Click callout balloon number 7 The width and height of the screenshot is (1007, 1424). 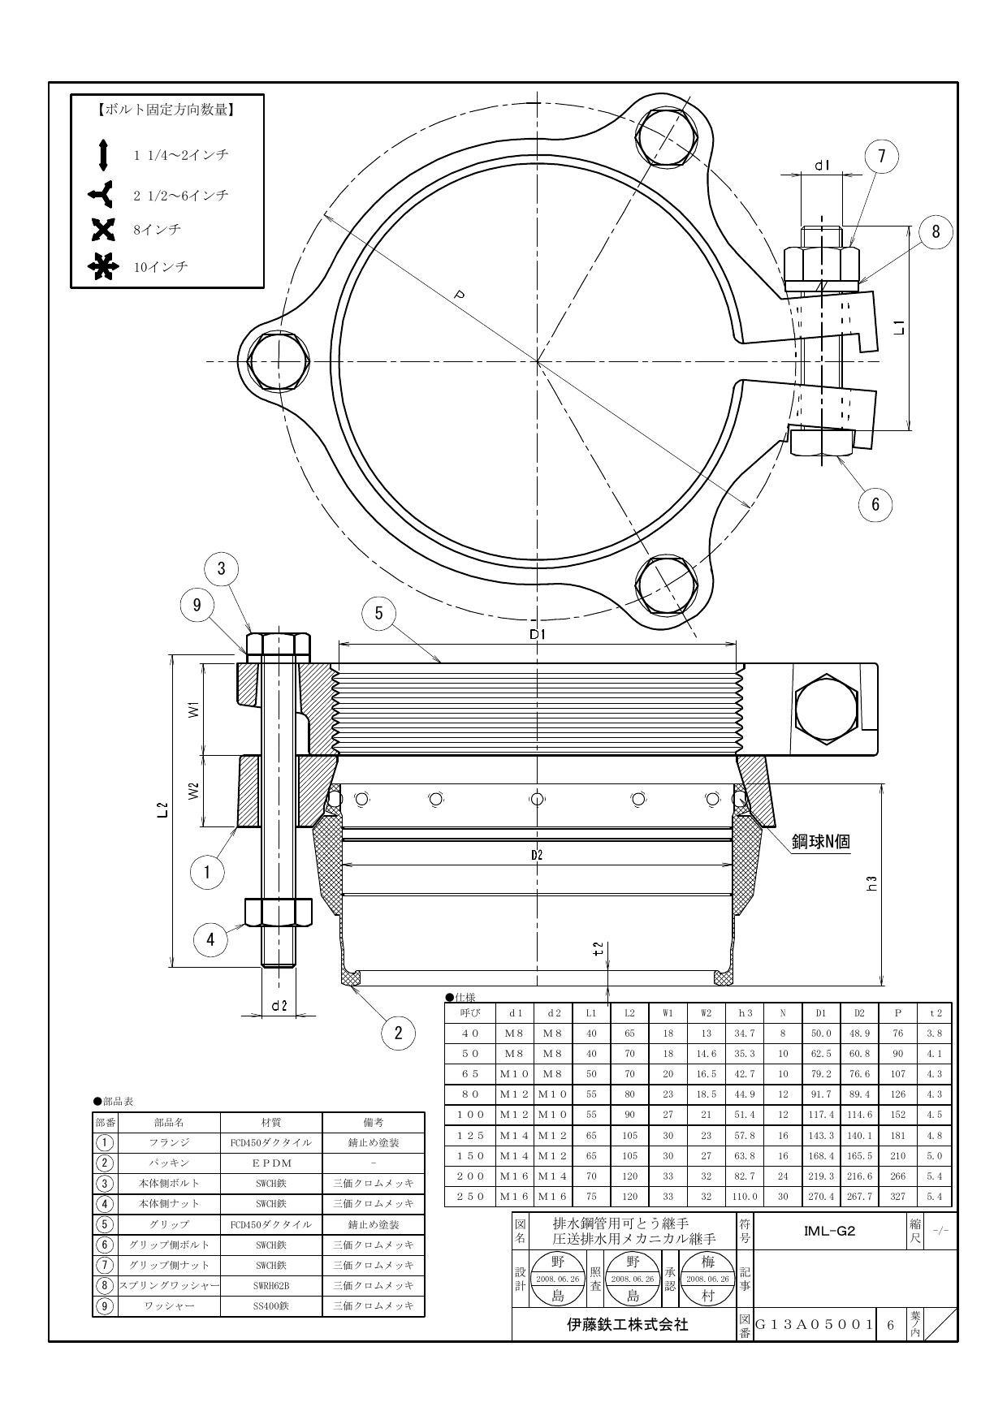[883, 158]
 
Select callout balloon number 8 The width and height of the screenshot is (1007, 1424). [936, 232]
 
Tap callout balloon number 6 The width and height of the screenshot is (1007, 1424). [875, 503]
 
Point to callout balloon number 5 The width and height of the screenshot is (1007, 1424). [378, 613]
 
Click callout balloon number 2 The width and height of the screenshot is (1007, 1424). [398, 1033]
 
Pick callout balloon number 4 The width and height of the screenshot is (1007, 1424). [210, 939]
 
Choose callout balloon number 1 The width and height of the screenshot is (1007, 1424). [207, 872]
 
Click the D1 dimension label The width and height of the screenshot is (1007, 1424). [537, 634]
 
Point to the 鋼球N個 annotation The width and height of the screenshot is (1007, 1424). [821, 841]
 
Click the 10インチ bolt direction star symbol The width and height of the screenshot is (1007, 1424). [104, 266]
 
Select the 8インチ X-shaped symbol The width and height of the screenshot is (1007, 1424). [104, 230]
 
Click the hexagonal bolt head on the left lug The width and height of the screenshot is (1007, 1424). [279, 360]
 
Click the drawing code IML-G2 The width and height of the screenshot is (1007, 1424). [829, 1231]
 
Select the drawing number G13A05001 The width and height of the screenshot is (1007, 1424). [815, 1325]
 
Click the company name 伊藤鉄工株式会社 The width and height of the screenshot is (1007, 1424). [627, 1325]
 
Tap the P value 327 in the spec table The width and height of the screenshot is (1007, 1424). [897, 1197]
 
